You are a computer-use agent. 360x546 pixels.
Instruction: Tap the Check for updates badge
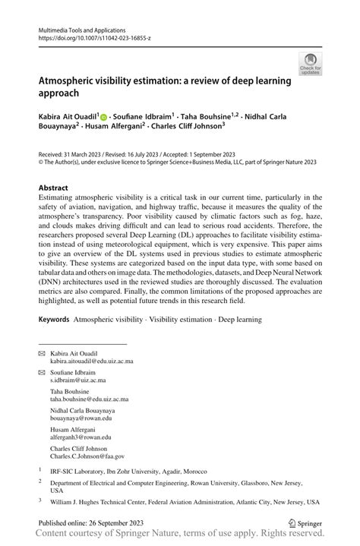point(310,65)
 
